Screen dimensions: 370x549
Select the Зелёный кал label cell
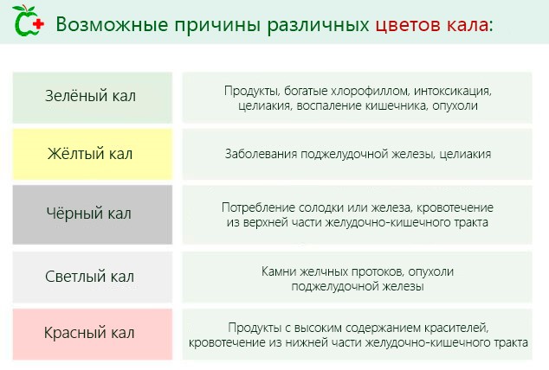91,97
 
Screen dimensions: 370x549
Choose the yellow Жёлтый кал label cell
91,155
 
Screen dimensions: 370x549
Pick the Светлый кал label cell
91,277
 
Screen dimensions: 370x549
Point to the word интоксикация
453,91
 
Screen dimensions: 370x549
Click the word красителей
452,328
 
